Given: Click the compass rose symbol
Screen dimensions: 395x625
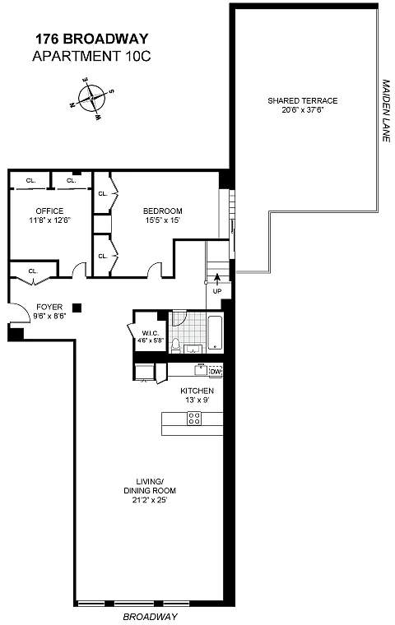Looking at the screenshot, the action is click(92, 99).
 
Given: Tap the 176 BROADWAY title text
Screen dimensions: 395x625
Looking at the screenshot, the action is click(92, 39).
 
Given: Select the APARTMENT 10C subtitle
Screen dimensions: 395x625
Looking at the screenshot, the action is click(92, 56).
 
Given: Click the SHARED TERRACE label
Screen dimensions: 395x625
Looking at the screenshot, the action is click(303, 101).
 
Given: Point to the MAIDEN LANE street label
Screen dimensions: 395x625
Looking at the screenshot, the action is click(386, 110).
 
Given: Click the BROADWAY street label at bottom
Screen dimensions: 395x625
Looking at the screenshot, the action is click(150, 617).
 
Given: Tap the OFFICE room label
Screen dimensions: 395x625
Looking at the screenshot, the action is click(49, 211).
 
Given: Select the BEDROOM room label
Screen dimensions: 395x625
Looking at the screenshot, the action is click(163, 211).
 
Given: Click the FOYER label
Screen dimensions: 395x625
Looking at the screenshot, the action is click(49, 307).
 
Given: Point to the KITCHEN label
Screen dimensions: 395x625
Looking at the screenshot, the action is click(197, 391).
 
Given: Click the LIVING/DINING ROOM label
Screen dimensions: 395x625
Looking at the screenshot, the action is click(150, 486).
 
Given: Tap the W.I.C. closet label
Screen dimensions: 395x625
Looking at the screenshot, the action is click(151, 333).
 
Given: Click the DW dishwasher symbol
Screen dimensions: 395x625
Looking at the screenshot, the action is click(216, 371).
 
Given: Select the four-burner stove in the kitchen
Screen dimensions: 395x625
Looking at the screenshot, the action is click(194, 418).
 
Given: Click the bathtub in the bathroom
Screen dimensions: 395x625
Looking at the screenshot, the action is click(216, 333).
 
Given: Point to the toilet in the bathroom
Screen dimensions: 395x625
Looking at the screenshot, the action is click(175, 345).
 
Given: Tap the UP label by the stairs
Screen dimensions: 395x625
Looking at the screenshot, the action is click(217, 291).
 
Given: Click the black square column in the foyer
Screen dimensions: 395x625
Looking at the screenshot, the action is click(77, 308).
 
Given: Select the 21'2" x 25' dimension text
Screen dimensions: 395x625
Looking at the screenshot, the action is click(150, 500).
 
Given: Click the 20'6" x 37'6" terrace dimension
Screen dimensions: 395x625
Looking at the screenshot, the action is click(303, 110).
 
